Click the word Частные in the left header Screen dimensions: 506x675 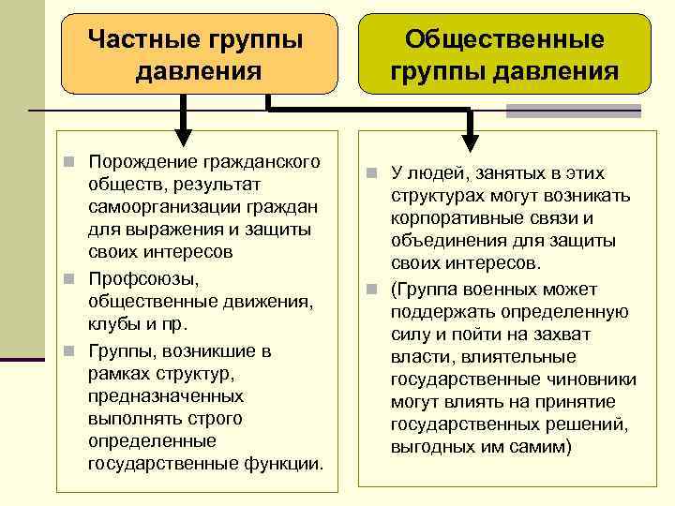[142, 40]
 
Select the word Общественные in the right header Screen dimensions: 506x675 [504, 40]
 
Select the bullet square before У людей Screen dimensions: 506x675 [372, 173]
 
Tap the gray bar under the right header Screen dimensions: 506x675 [573, 111]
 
